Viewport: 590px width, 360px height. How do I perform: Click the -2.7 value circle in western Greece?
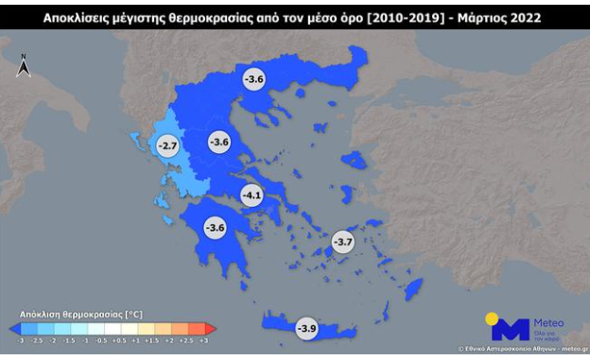pos(167,146)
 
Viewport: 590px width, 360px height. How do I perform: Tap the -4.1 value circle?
pos(251,196)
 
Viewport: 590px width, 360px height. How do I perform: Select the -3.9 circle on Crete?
pos(306,328)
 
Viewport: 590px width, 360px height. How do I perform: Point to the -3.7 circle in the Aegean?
pos(341,243)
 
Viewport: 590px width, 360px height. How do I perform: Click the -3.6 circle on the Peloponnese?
pos(216,227)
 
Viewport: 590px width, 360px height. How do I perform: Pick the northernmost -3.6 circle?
pos(253,79)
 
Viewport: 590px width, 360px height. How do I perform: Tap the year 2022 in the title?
pos(526,18)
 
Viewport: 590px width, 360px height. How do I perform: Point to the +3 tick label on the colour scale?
pos(204,338)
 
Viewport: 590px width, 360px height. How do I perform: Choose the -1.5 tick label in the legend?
pos(69,338)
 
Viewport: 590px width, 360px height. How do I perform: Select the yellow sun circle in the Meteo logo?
pos(493,319)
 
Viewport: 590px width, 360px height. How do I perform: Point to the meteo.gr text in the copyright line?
pos(570,350)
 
